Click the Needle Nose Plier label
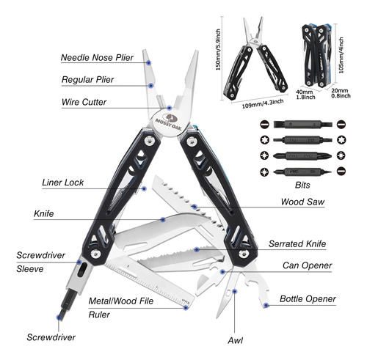pos(97,58)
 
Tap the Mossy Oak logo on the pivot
pos(170,121)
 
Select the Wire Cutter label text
pos(84,102)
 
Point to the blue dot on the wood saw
pos(195,207)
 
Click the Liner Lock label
pos(62,183)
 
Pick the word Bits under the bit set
pos(302,185)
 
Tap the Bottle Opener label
pos(308,299)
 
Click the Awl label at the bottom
pos(235,340)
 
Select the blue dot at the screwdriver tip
pos(59,317)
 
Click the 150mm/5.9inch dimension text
pos(218,50)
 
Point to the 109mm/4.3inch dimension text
pos(263,103)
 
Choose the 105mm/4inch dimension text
pos(341,55)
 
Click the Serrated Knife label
pos(297,244)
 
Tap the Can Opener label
pos(307,265)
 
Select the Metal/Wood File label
pos(121,301)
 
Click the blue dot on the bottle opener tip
pos(266,305)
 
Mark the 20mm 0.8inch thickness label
pos(341,93)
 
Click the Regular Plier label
pos(87,80)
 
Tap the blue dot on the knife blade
pos(163,219)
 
